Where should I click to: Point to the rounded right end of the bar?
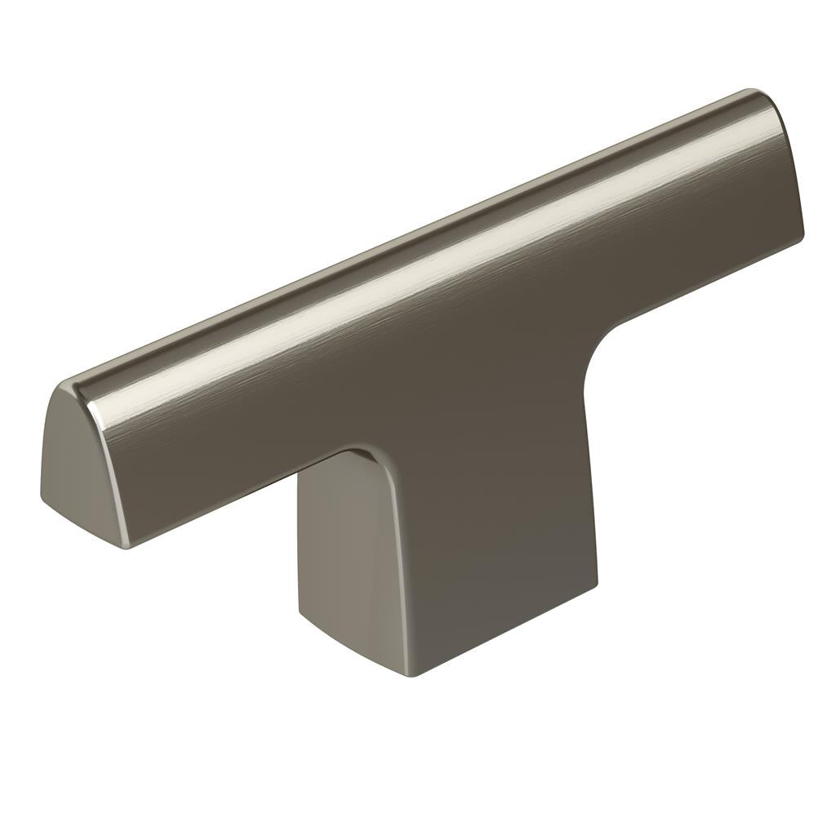point(784,155)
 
